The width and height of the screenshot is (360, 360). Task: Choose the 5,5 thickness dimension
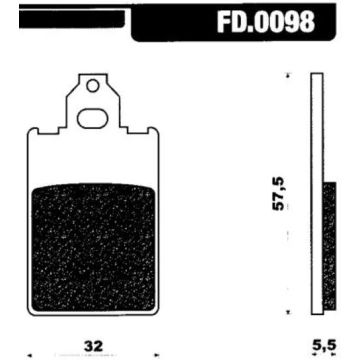click(x=323, y=342)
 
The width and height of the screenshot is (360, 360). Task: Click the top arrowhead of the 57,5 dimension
click(x=288, y=76)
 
